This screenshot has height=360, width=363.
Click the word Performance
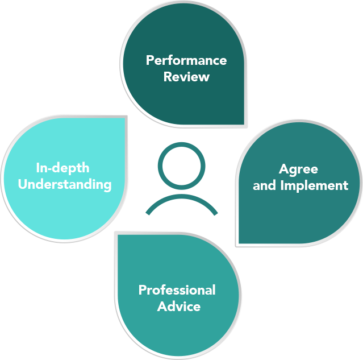(186, 60)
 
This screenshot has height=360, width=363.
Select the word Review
(186, 76)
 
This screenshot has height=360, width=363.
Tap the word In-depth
(62, 168)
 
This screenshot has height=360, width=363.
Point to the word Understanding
(64, 184)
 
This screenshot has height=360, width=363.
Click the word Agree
(298, 169)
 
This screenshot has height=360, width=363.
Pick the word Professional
(177, 290)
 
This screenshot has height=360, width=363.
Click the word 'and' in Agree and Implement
(264, 185)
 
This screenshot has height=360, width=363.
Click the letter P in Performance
(150, 60)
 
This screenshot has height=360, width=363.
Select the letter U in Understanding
(23, 184)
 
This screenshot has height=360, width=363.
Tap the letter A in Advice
(162, 306)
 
